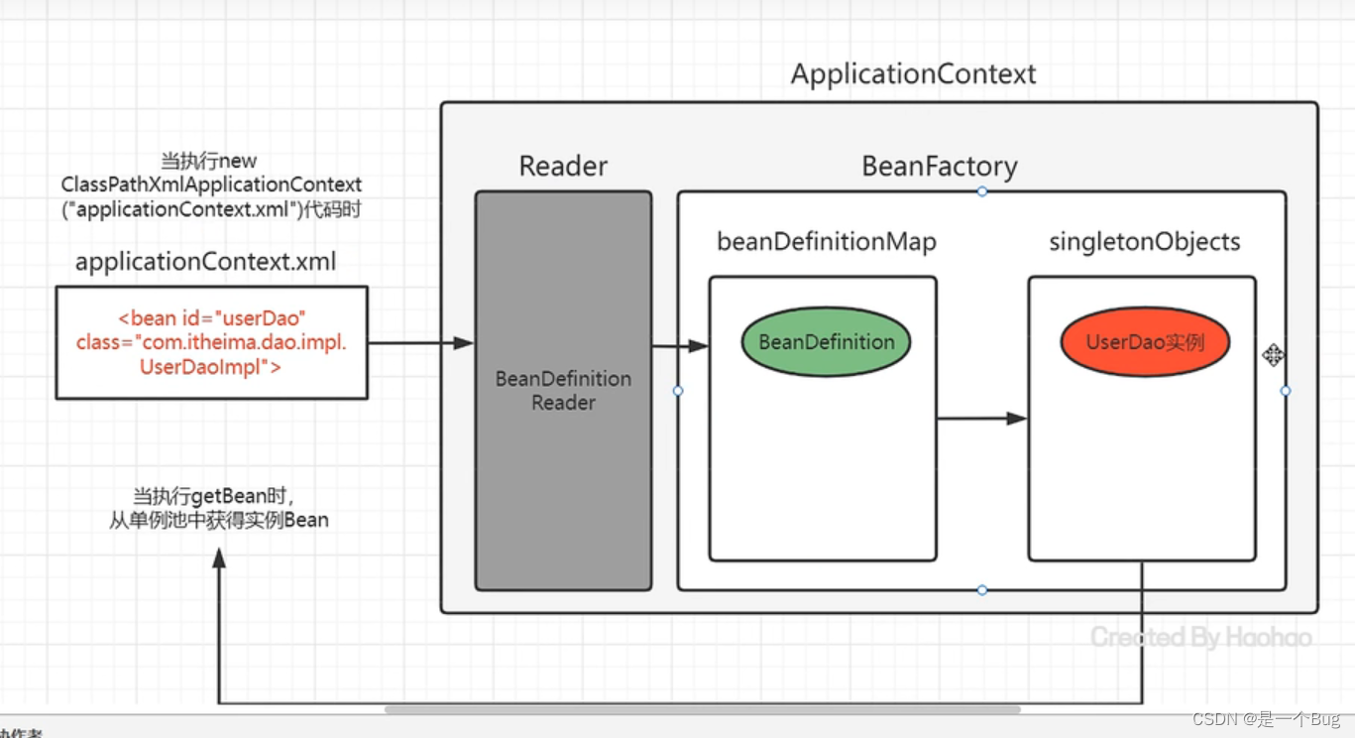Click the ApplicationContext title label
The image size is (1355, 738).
(x=913, y=74)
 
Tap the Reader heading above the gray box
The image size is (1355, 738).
(x=563, y=166)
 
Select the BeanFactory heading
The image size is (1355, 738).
(x=940, y=166)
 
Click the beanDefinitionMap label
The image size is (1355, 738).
(x=827, y=241)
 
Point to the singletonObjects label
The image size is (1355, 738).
(x=1144, y=241)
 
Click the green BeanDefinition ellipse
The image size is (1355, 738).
(x=826, y=342)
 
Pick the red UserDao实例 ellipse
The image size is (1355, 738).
(x=1145, y=342)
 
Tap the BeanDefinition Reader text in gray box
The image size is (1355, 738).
(x=563, y=391)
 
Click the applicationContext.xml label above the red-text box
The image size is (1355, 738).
(x=205, y=262)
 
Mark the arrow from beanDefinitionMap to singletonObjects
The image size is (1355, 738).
(x=981, y=419)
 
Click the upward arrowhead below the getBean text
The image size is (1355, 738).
(x=219, y=558)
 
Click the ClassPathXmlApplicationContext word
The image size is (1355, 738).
(x=211, y=184)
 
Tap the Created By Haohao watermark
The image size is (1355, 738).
(x=1201, y=637)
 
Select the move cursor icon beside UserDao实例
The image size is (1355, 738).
(x=1273, y=355)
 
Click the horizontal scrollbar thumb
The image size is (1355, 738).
(x=702, y=709)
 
